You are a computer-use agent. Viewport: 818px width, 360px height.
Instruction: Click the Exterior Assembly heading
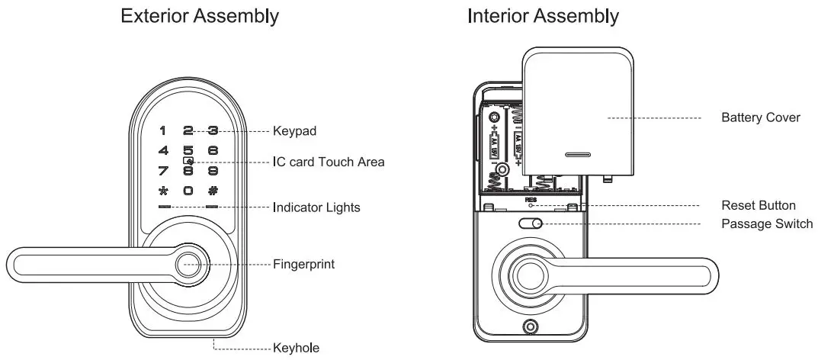tap(200, 16)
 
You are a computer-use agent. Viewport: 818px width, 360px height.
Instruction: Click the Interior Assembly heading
tap(543, 16)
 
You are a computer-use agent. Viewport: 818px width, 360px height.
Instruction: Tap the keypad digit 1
tap(162, 131)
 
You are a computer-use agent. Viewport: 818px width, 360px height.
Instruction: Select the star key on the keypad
tap(162, 191)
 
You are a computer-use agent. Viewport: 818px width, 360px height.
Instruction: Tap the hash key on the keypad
tap(213, 191)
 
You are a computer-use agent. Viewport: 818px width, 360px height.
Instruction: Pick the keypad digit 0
tap(188, 191)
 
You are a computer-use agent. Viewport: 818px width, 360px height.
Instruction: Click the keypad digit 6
tap(213, 151)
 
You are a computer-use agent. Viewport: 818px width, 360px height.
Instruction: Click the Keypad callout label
tap(294, 131)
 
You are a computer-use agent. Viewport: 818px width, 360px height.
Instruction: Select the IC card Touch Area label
tap(329, 162)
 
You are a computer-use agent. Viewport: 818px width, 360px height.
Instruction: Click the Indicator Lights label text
tap(316, 207)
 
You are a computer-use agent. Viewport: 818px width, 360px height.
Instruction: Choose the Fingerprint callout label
tap(303, 265)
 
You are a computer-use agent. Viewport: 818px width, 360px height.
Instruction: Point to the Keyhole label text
tap(296, 349)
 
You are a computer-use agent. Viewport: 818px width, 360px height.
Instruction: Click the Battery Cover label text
tap(760, 118)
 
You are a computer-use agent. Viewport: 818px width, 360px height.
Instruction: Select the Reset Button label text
tap(758, 205)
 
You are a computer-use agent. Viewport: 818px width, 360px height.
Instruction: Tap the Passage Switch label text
tap(766, 224)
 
